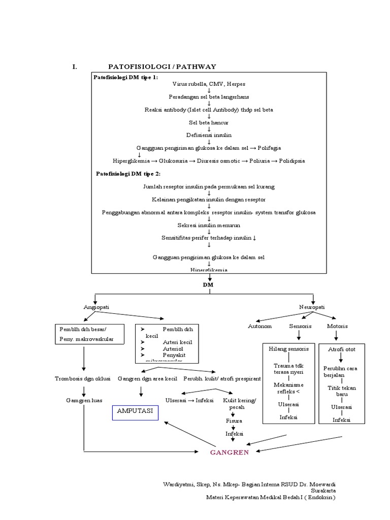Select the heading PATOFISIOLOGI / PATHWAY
coord(162,67)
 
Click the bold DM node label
coord(208,285)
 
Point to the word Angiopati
coord(96,307)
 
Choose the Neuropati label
coord(312,307)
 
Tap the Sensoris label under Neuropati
coord(300,326)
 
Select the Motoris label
coord(338,326)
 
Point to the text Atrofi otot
coord(341,350)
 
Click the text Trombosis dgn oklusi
coord(82,378)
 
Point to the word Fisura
coord(234,421)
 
